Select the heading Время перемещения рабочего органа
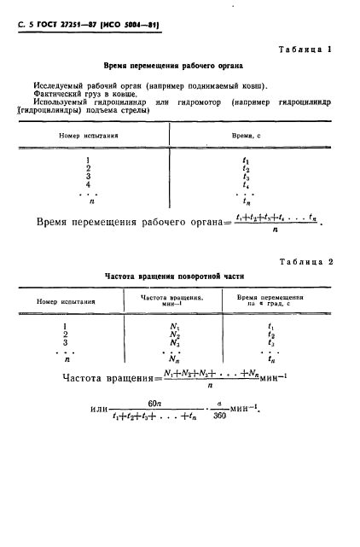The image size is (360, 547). [x=173, y=66]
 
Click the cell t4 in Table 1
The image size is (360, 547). [x=246, y=183]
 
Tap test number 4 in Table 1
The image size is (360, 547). [x=88, y=183]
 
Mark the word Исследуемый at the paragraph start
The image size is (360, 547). [x=58, y=85]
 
